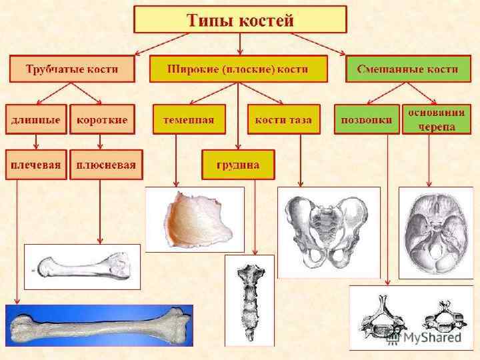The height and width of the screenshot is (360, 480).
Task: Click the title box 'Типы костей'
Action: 240,20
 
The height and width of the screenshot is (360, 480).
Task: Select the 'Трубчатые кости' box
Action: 72,69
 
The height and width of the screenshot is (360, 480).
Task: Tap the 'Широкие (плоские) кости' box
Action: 238,69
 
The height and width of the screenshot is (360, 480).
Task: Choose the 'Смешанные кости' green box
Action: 407,69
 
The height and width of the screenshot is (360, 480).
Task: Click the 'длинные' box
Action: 36,120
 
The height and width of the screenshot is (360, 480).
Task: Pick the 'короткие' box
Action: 102,120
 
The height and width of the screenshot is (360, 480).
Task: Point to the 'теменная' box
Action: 189,120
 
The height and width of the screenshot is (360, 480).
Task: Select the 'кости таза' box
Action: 283,120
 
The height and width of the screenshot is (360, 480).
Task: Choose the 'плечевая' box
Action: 36,164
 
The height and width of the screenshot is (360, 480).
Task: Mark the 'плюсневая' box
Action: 105,164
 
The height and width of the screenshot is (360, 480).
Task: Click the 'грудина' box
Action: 238,164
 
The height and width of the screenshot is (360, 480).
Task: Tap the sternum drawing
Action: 249,300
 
